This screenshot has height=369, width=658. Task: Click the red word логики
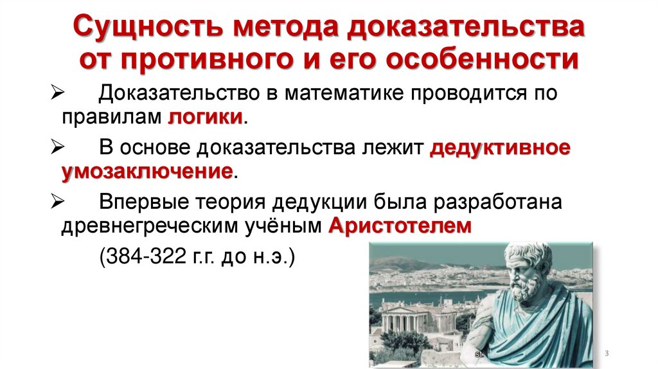[206, 118]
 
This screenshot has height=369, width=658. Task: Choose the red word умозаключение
[147, 172]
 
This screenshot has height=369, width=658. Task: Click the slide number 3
[607, 355]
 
